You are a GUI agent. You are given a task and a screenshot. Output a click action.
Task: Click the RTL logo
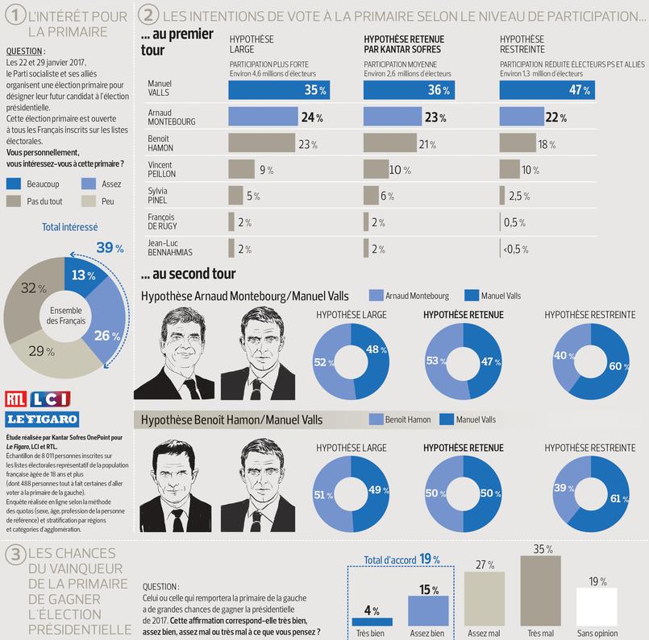point(15,398)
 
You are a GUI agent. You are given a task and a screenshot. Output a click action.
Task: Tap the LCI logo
point(51,398)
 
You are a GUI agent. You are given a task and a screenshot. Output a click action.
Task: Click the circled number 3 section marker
point(13,555)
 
